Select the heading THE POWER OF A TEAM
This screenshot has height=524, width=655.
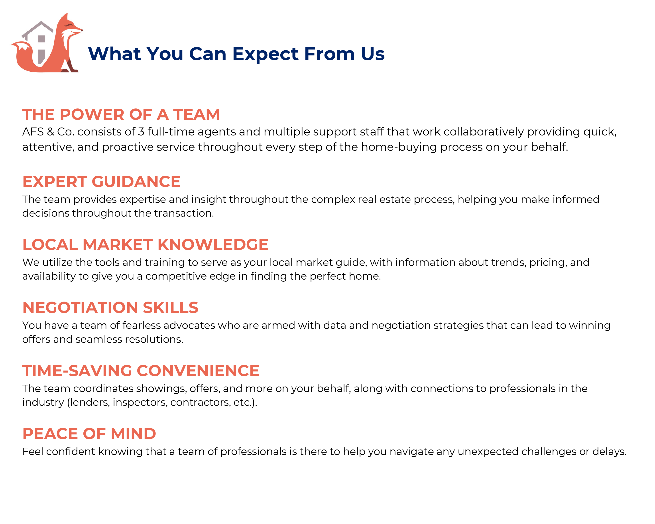[x=121, y=114]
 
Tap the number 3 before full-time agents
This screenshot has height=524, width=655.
[x=141, y=132]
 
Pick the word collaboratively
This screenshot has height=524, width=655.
[x=484, y=132]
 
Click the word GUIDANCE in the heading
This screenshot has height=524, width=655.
[x=136, y=182]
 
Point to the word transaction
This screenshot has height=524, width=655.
[x=184, y=213]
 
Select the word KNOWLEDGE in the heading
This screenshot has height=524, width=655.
[x=213, y=245]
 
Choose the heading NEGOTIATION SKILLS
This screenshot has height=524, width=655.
[x=110, y=308]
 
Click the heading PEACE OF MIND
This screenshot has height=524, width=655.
[x=89, y=434]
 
